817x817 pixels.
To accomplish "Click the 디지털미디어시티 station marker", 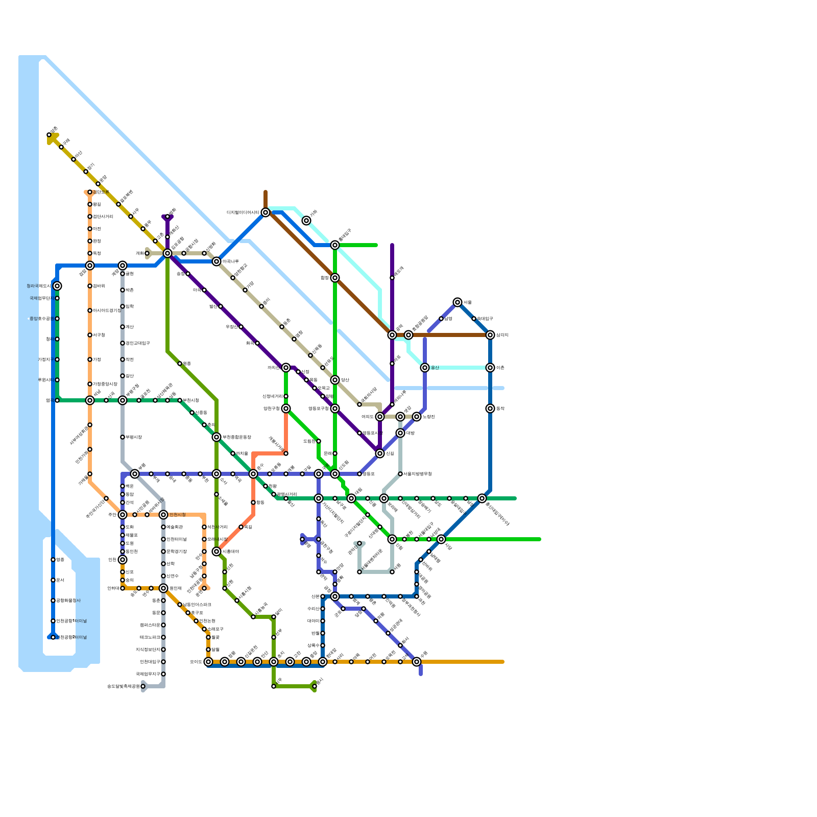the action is [x=266, y=212].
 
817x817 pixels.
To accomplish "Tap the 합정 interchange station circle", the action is [x=335, y=278].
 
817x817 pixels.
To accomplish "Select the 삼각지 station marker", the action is [x=490, y=335].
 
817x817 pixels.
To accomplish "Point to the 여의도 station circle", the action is [x=380, y=417].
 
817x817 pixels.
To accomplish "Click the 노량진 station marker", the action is [x=417, y=417].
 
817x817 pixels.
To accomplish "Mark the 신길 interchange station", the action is [x=380, y=453].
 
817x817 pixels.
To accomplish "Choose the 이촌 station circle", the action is [x=490, y=368].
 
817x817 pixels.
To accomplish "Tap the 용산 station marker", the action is [x=425, y=368].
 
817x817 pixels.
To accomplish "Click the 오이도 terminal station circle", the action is [x=208, y=662].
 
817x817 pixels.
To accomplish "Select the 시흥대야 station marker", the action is [x=217, y=551].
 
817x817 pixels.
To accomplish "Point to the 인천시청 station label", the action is [x=177, y=515].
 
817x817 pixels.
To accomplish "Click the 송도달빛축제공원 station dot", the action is [x=143, y=686].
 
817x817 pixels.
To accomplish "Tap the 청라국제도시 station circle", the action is [x=57, y=286].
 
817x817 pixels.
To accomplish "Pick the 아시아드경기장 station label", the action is [x=106, y=310].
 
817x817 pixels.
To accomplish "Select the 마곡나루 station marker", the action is [x=217, y=261].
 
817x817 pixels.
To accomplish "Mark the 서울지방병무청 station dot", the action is [x=400, y=474].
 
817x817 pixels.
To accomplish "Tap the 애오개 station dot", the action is [x=392, y=278].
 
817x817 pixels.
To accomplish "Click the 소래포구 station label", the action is [x=215, y=629].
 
